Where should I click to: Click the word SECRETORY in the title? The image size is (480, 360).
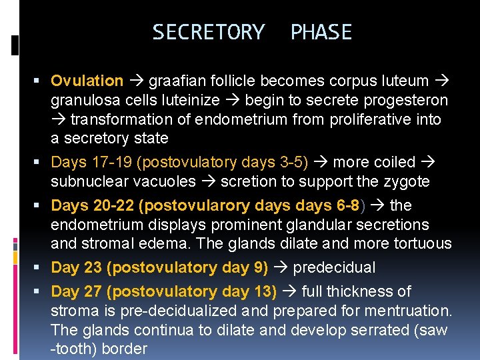pyautogui.click(x=208, y=32)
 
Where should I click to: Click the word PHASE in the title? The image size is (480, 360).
pyautogui.click(x=321, y=32)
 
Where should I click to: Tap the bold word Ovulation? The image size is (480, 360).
pyautogui.click(x=87, y=81)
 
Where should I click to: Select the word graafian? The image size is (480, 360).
pyautogui.click(x=175, y=81)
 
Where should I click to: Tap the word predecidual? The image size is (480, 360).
pyautogui.click(x=334, y=268)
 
